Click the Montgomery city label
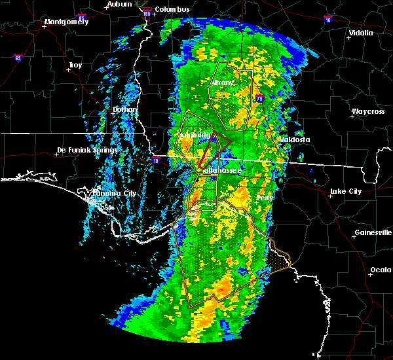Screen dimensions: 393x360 [x=65, y=22]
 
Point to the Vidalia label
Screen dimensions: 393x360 [x=361, y=32]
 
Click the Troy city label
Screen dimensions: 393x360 [x=75, y=65]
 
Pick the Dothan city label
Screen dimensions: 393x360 [x=125, y=109]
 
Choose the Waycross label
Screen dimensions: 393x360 [x=367, y=111]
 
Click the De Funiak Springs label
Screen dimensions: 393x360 [x=86, y=150]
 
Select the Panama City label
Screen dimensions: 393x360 [x=115, y=193]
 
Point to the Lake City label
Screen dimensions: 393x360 [x=346, y=191]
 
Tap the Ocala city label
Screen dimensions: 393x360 [x=381, y=270]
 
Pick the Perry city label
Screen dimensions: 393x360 [x=265, y=197]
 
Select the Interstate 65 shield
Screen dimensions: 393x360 [x=18, y=58]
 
